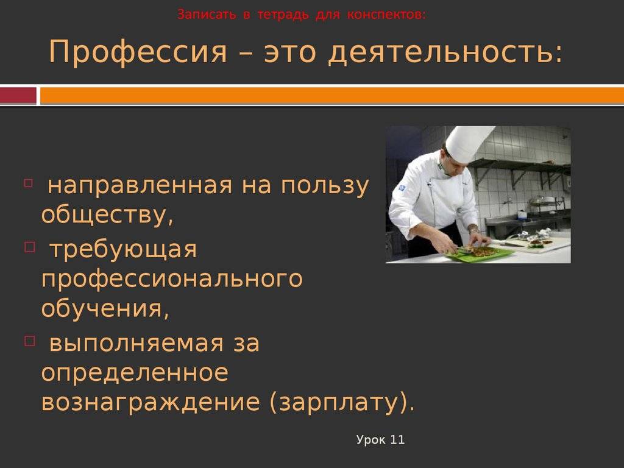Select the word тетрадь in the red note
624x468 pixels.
(x=283, y=15)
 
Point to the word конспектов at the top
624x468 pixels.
(x=385, y=15)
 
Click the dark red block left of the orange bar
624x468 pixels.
(x=18, y=96)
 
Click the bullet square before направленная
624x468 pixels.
(x=28, y=183)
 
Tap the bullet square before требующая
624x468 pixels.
(x=30, y=247)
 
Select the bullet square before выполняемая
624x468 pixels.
(x=30, y=341)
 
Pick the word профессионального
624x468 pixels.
(x=172, y=279)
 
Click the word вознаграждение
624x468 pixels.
(x=151, y=403)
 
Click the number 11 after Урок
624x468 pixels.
(x=397, y=440)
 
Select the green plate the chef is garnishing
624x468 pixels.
(x=478, y=254)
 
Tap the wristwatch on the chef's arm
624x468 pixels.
(x=472, y=229)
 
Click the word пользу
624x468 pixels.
(x=325, y=186)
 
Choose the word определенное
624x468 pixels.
(x=135, y=373)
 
